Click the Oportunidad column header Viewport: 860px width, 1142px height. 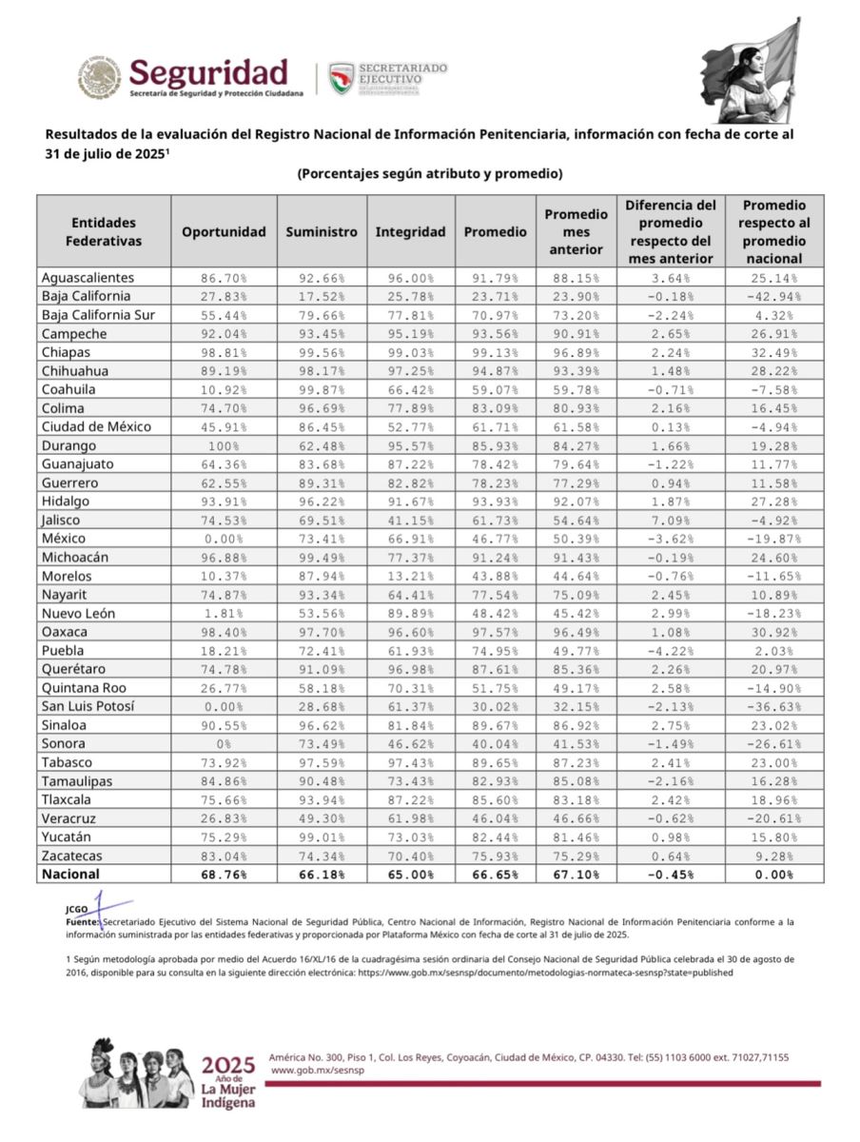(224, 231)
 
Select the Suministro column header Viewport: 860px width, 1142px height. (322, 231)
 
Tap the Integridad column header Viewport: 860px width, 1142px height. (410, 231)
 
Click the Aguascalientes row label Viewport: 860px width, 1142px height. (88, 278)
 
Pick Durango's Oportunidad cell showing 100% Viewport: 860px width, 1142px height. (224, 445)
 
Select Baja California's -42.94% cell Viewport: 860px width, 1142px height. (774, 297)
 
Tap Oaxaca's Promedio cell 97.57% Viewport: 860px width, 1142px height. (495, 632)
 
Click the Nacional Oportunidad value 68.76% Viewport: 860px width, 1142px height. (224, 874)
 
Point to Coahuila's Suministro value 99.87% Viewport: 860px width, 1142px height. (322, 389)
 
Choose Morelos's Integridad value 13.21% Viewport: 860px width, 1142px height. (410, 576)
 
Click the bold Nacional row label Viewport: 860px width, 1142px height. (70, 874)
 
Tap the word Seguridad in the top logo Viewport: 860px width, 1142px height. (207, 71)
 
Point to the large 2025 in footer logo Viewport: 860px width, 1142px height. (228, 1063)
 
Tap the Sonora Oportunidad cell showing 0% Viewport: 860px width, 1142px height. (224, 743)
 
